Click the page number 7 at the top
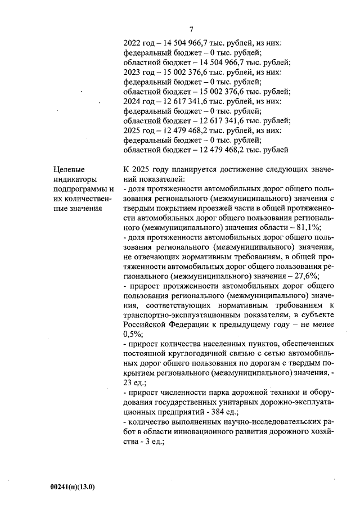191,30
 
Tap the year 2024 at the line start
133,102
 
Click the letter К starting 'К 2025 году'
125,170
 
